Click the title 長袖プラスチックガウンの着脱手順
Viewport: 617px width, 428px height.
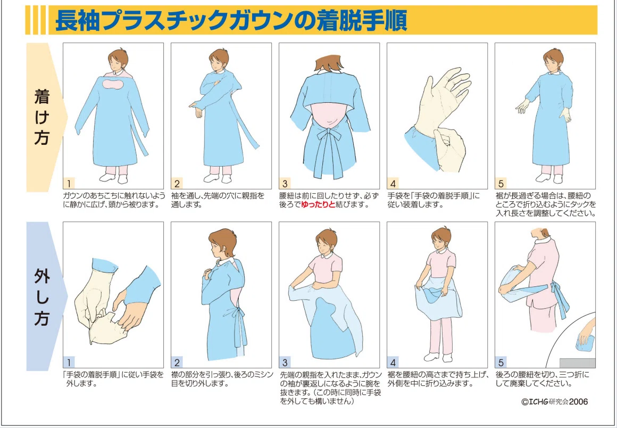231,20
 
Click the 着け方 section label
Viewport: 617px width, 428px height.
41,117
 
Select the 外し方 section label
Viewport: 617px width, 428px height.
41,297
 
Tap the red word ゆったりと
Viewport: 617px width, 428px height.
318,205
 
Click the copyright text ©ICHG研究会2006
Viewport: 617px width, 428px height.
554,401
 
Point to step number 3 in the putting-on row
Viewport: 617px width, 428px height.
285,184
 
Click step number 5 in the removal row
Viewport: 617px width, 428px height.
501,362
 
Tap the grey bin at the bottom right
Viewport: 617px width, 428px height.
577,363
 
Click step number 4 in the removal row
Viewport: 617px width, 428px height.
393,362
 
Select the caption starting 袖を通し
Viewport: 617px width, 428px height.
218,200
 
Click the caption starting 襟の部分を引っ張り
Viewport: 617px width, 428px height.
222,378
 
